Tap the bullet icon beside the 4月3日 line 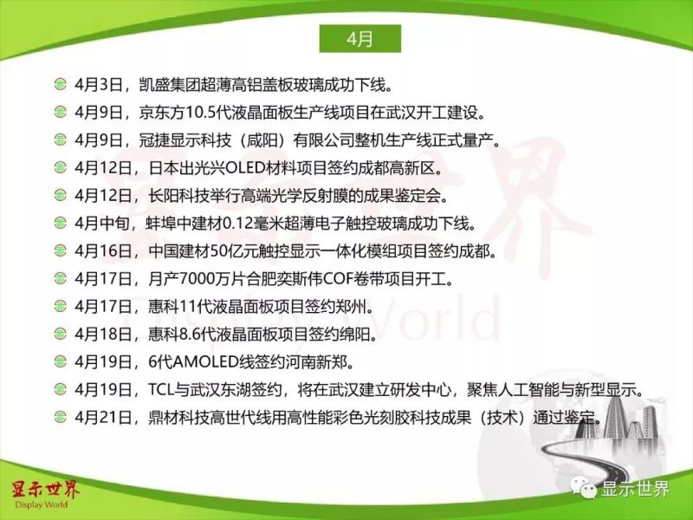coord(59,85)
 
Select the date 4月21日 coord(101,418)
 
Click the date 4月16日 coord(101,251)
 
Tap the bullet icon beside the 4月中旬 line coord(59,224)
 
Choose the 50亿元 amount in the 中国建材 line coord(224,251)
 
